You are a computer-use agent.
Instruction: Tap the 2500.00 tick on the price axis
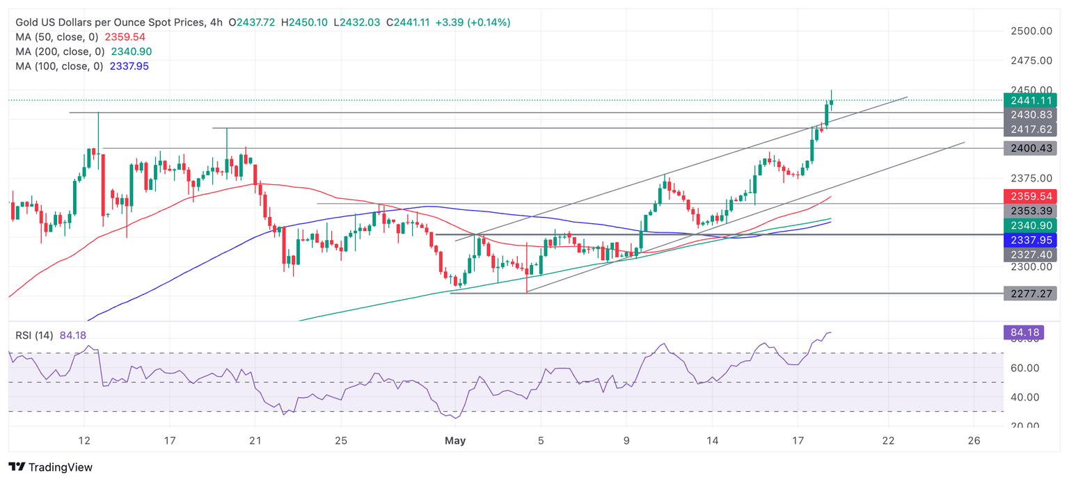point(1030,31)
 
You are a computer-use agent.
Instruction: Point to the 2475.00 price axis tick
point(1030,61)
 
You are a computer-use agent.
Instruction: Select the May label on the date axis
point(455,441)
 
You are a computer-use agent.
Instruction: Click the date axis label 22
point(888,441)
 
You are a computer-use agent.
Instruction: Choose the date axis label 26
point(974,441)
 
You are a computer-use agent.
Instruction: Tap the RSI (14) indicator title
point(34,335)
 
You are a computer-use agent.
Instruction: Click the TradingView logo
point(51,467)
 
